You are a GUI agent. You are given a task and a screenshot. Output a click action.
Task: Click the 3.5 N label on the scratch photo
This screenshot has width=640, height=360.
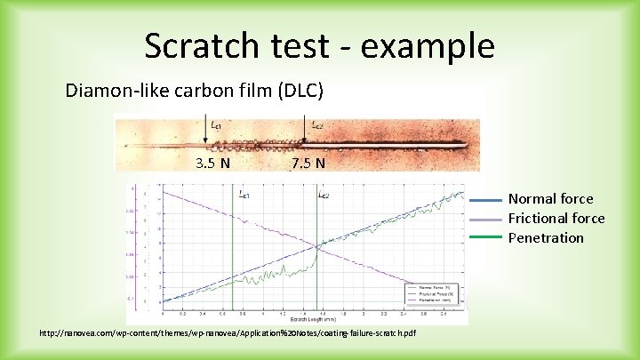point(213,163)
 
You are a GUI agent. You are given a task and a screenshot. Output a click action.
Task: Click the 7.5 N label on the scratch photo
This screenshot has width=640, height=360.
point(308,163)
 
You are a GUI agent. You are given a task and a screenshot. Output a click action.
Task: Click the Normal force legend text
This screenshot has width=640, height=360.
point(550,199)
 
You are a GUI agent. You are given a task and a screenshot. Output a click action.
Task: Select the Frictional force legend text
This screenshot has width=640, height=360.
point(556,219)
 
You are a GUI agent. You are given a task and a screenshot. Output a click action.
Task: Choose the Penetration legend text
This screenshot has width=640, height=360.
point(546,238)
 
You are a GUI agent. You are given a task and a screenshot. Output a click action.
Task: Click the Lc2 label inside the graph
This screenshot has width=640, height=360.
point(324,193)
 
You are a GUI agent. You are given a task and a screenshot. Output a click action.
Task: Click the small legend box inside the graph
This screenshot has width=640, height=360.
point(433,292)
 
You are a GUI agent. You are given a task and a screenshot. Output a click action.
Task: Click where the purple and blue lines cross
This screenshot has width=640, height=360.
point(316,246)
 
